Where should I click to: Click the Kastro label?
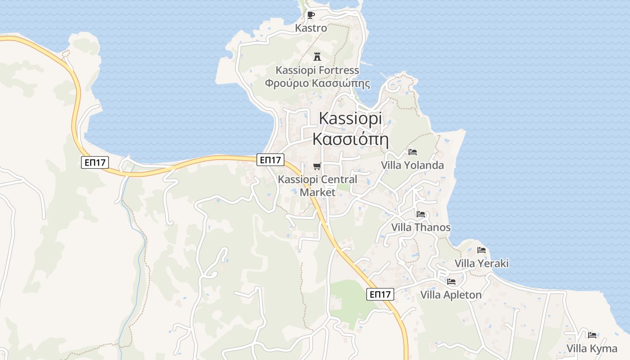pos(311,28)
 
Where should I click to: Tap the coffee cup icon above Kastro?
pos(310,15)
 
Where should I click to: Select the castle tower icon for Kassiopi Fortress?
pos(317,57)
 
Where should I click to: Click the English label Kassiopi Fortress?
pos(317,70)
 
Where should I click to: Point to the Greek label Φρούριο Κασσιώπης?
pos(317,83)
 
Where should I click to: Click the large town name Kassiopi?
pos(351,118)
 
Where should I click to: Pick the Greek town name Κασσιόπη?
pos(351,139)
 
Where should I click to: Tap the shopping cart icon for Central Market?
pos(317,166)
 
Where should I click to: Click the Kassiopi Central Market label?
pos(317,185)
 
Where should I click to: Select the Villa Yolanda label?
pos(412,165)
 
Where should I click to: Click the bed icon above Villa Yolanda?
pos(413,152)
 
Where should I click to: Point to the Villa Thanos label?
pos(421,227)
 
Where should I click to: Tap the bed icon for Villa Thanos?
pos(421,214)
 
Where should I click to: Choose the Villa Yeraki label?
pos(481,263)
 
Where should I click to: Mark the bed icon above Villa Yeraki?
pos(481,250)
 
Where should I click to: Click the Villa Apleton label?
pos(451,295)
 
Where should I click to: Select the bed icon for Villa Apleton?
pos(451,282)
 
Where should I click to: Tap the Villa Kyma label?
pos(592,348)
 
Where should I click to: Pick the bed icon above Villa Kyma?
pos(592,335)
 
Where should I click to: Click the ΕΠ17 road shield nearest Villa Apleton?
pos(380,294)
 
